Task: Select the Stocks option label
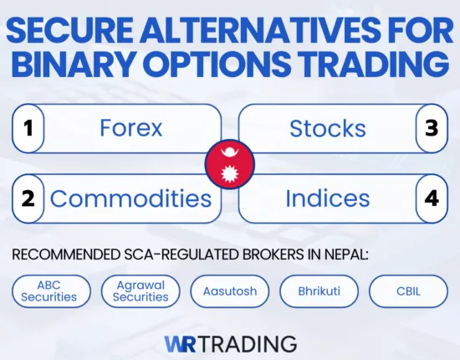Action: pyautogui.click(x=327, y=128)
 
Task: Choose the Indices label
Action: pyautogui.click(x=327, y=198)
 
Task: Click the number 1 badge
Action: pyautogui.click(x=28, y=128)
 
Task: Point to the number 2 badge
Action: pyautogui.click(x=28, y=198)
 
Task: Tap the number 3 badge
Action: pyautogui.click(x=432, y=128)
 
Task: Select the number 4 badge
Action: pyautogui.click(x=432, y=198)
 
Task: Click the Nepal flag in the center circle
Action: pyautogui.click(x=229, y=163)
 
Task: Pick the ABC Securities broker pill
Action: pyautogui.click(x=49, y=291)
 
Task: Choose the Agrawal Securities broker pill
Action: pyautogui.click(x=141, y=291)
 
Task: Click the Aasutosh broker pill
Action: pyautogui.click(x=229, y=291)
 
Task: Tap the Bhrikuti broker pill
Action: pyautogui.click(x=319, y=291)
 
